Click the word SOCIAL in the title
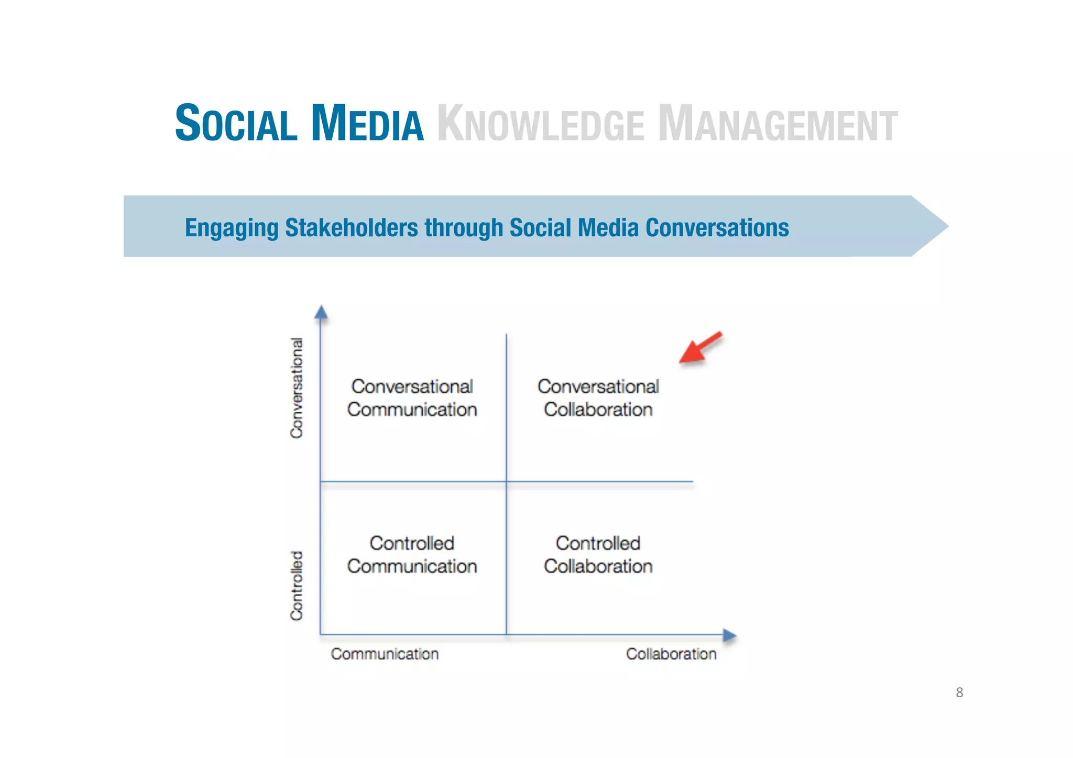tap(236, 124)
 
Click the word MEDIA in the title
tap(367, 124)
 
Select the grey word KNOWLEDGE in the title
tap(540, 125)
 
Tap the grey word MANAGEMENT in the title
tap(778, 125)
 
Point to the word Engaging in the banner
tap(231, 228)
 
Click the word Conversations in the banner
tap(717, 227)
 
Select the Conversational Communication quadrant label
tap(412, 398)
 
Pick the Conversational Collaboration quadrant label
tap(598, 398)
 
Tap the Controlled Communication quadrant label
tap(412, 554)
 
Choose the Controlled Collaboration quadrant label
tap(598, 554)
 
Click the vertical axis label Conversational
tap(297, 388)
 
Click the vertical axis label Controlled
tap(297, 585)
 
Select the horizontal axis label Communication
tap(385, 654)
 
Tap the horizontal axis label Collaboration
tap(671, 654)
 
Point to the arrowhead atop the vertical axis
tap(321, 312)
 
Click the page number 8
tap(959, 693)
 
